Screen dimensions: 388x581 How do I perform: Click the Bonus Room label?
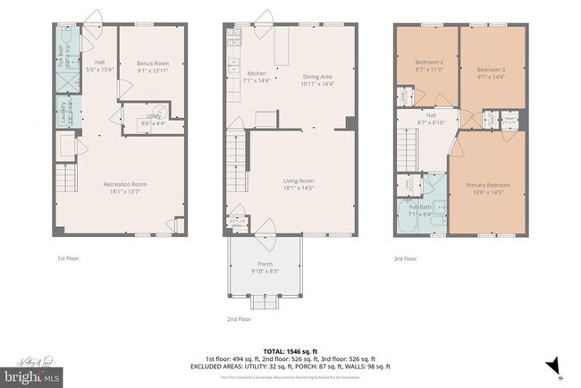click(153, 63)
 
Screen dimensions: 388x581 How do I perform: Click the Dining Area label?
click(317, 78)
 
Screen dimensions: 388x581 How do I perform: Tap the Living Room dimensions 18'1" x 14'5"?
click(290, 189)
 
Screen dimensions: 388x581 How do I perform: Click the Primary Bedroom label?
click(485, 185)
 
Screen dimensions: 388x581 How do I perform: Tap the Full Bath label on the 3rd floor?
click(419, 207)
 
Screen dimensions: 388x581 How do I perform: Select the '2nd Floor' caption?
click(239, 318)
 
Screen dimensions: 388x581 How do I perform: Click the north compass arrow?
click(556, 365)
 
